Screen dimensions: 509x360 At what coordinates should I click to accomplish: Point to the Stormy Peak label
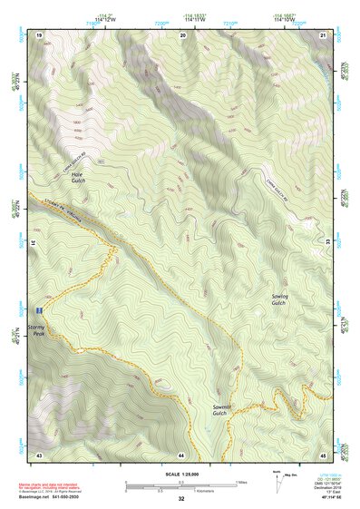35,329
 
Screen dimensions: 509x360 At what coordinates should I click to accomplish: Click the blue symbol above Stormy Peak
35,308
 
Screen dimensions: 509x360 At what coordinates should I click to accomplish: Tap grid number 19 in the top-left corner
39,34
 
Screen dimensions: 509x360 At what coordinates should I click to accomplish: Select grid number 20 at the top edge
182,34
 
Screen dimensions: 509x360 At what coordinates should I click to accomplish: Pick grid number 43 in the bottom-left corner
39,454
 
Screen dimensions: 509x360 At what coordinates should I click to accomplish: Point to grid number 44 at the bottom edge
181,454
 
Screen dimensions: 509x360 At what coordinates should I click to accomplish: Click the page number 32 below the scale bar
181,499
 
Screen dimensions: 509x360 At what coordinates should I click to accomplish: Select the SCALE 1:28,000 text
181,475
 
